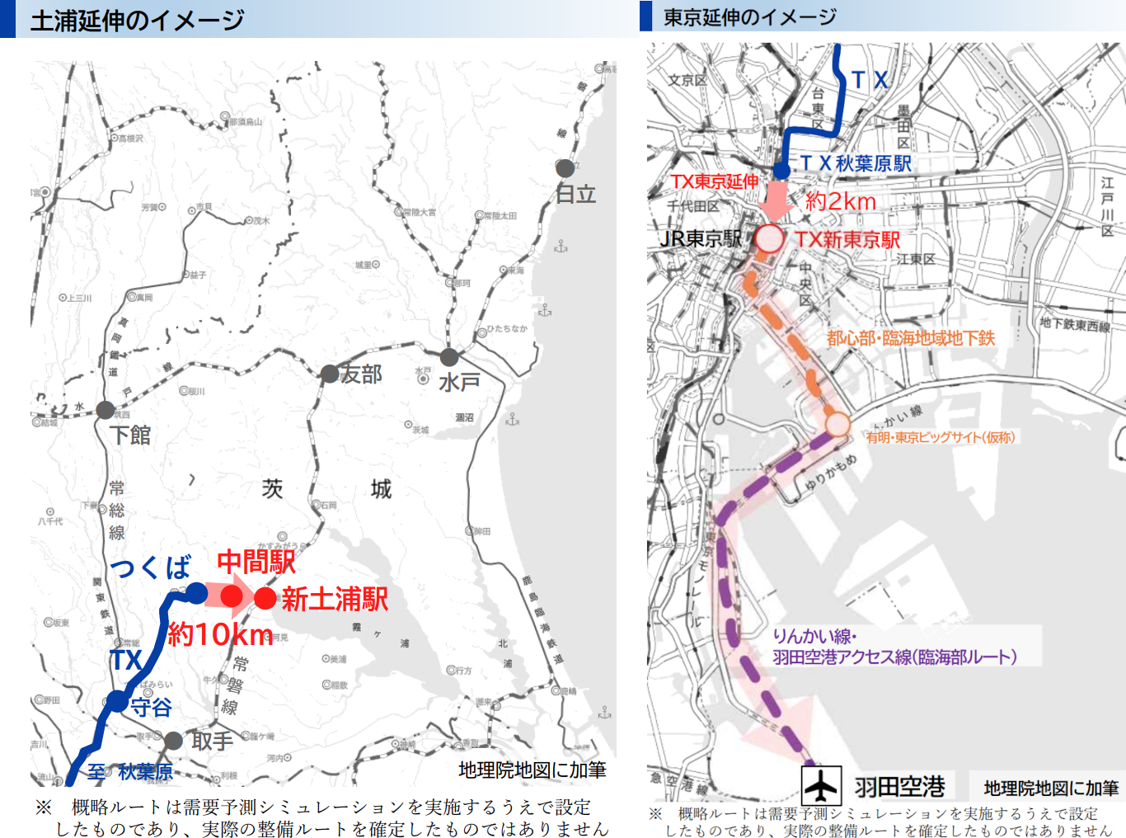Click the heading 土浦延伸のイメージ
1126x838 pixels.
click(137, 20)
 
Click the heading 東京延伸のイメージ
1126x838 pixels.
click(749, 16)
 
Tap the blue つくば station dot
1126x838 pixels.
click(196, 592)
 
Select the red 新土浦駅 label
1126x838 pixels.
click(335, 599)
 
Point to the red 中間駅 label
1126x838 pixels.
click(256, 563)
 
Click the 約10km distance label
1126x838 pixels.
click(220, 634)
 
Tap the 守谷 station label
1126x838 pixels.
click(151, 707)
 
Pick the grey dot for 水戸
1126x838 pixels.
click(449, 357)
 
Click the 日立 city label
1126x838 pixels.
click(575, 195)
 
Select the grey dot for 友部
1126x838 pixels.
click(330, 374)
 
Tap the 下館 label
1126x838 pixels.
click(130, 435)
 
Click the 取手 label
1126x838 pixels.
click(212, 741)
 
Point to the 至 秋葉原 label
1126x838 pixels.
click(130, 772)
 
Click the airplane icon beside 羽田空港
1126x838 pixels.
click(821, 784)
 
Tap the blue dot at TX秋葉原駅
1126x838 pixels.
click(781, 171)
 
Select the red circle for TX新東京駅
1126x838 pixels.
click(769, 239)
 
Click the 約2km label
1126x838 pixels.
click(840, 201)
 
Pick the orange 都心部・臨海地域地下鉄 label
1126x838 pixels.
click(911, 338)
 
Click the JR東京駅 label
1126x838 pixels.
click(701, 239)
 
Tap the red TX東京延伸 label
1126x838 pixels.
click(714, 181)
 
